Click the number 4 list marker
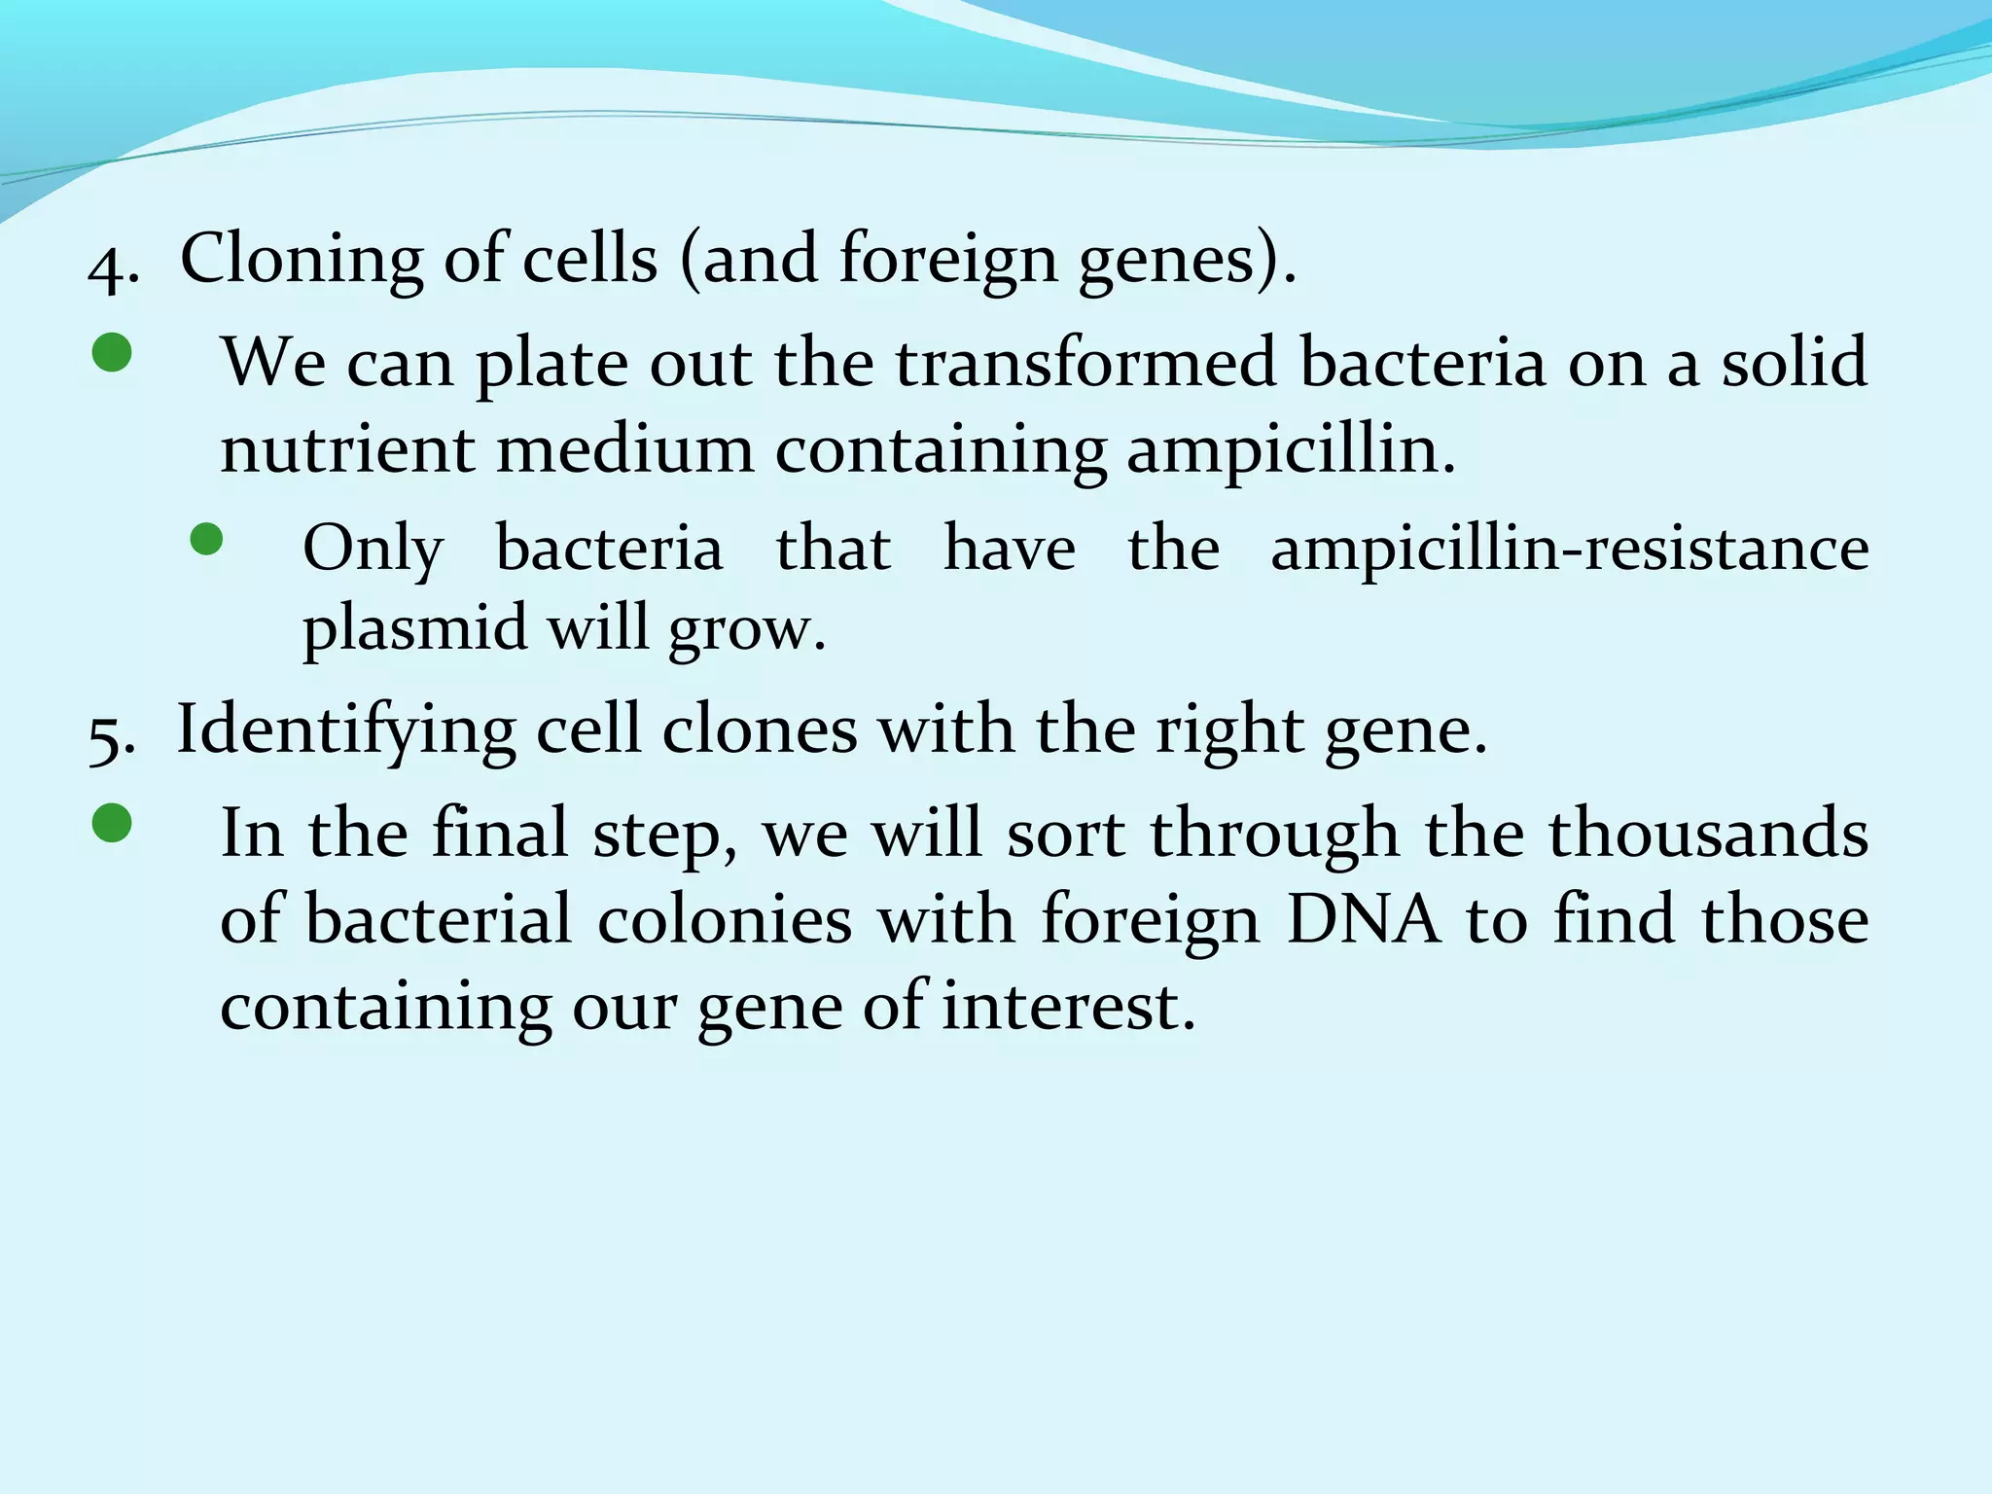113,265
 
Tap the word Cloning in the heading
302,261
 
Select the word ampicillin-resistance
1569,550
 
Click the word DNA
1362,919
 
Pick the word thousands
1708,834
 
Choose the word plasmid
414,629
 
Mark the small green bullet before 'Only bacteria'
206,539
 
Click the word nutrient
347,449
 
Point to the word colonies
724,919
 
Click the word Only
373,550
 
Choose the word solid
1794,363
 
